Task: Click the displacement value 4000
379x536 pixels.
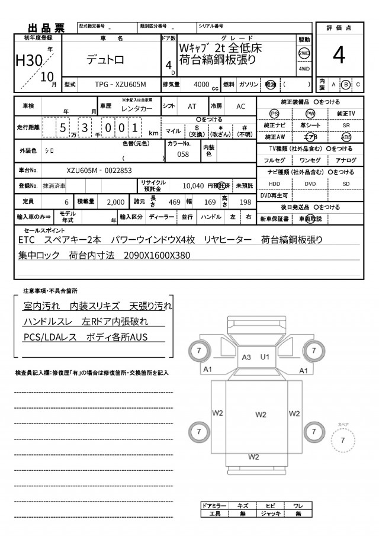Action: coord(201,85)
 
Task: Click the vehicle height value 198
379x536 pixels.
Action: coord(245,202)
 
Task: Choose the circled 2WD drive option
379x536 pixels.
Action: coord(304,53)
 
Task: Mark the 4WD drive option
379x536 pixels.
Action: coord(304,69)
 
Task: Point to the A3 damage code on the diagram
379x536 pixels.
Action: coord(247,357)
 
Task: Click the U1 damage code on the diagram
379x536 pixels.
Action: coord(265,357)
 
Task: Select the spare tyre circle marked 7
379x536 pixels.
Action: coord(342,440)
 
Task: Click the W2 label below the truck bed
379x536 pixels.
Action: coord(253,457)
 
